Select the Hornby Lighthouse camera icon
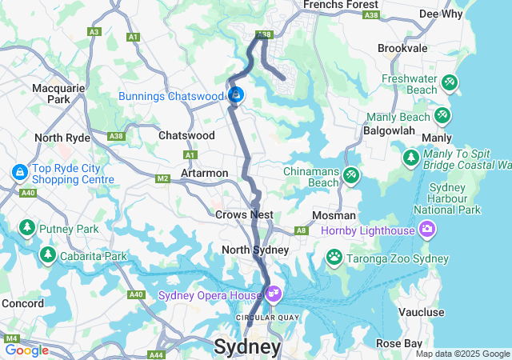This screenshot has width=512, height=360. pyautogui.click(x=426, y=230)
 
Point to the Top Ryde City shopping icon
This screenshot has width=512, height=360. pyautogui.click(x=18, y=172)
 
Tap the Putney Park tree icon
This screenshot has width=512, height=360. pyautogui.click(x=26, y=228)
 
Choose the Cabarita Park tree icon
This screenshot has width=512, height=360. pyautogui.click(x=47, y=255)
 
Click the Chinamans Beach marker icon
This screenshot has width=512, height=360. pyautogui.click(x=350, y=175)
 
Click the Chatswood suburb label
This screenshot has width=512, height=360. pyautogui.click(x=186, y=136)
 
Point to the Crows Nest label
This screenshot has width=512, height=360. pyautogui.click(x=244, y=214)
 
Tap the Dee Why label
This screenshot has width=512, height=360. pyautogui.click(x=440, y=14)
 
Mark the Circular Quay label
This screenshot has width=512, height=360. pyautogui.click(x=257, y=317)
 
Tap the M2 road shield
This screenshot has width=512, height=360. pyautogui.click(x=163, y=178)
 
